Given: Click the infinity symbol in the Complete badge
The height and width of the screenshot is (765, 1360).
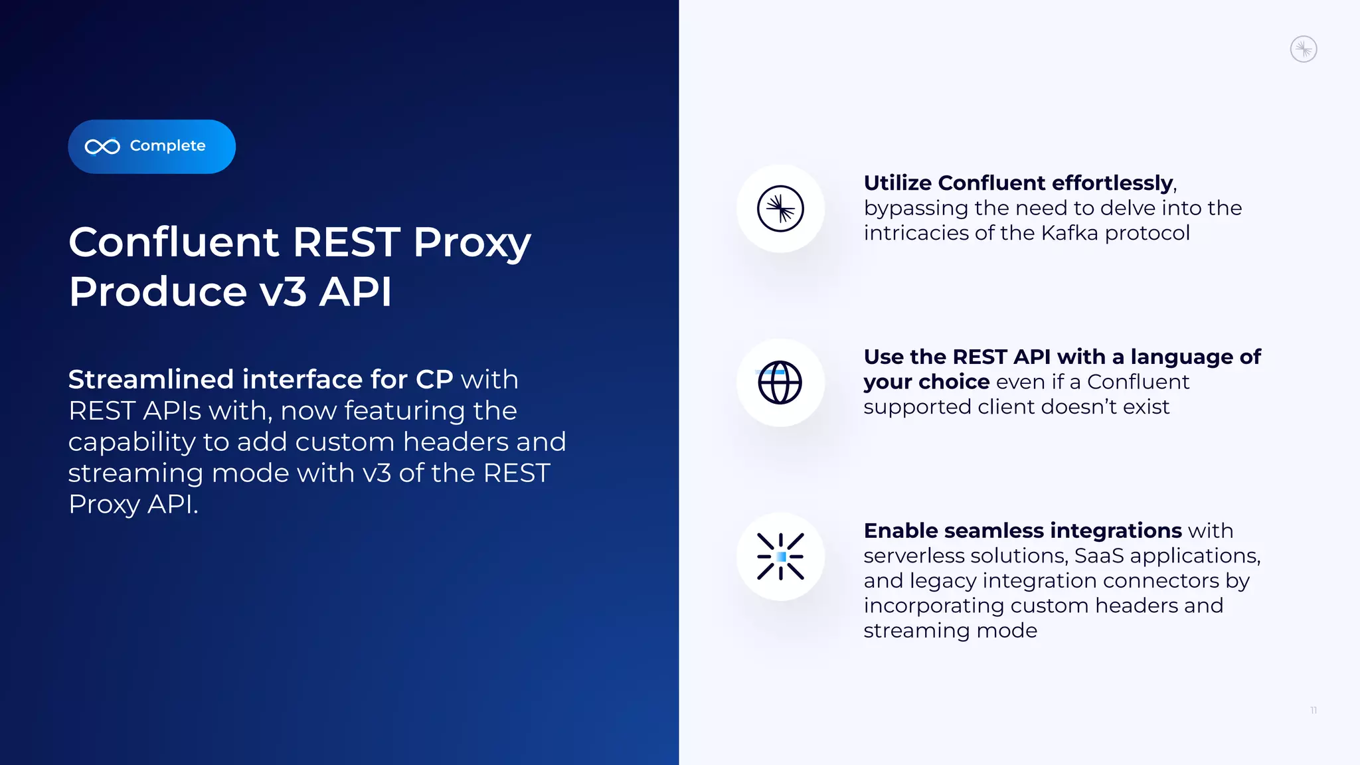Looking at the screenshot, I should click(102, 147).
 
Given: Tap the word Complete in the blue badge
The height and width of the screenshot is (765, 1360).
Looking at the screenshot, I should click(167, 146).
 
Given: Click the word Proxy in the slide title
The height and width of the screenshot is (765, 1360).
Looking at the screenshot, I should click(471, 243).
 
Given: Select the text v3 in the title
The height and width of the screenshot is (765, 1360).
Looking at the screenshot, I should click(283, 292).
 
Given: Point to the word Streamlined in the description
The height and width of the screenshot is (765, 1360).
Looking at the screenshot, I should click(151, 380).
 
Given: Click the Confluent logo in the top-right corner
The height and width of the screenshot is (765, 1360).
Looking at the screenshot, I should click(1303, 49).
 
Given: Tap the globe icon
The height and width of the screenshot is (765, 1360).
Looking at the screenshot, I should click(780, 382).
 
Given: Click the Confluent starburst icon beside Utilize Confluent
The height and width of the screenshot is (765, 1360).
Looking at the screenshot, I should click(780, 209).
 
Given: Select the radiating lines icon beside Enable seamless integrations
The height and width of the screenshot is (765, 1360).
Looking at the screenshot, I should click(780, 556).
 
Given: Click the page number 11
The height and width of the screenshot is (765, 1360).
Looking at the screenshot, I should click(1314, 711).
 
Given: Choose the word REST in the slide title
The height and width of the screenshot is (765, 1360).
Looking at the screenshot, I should click(346, 242).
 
